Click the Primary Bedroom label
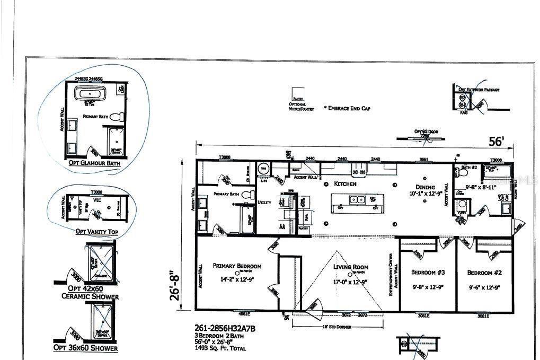(x=237, y=266)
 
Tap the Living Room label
(x=351, y=267)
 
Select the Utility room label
(x=264, y=203)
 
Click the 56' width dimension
(x=496, y=142)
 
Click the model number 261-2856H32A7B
(x=225, y=329)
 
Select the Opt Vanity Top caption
(x=93, y=232)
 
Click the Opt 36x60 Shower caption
(x=85, y=348)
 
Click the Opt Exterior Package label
(x=479, y=90)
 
